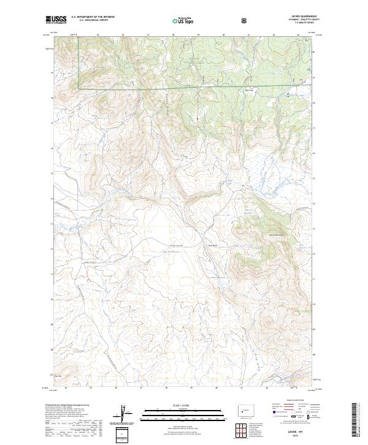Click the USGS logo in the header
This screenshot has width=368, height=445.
coord(56,20)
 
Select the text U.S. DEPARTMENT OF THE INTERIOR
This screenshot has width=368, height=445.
coord(93,17)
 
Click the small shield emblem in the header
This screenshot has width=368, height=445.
coord(245,20)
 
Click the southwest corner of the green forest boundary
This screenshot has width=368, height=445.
coord(79,88)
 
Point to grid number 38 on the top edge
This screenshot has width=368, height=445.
coord(174,35)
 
